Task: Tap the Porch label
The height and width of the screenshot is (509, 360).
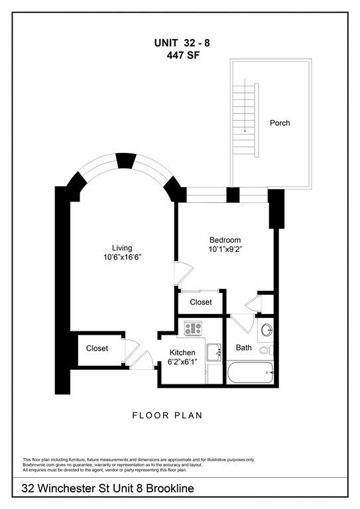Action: tap(279, 123)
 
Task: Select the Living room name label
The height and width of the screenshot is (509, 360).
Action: tap(123, 248)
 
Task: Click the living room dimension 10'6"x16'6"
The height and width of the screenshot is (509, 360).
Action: tap(123, 257)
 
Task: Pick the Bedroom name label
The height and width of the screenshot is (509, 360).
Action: tap(225, 240)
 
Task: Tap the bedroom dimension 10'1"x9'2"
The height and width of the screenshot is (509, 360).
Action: tap(225, 250)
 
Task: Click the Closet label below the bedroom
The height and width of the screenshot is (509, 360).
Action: tap(201, 302)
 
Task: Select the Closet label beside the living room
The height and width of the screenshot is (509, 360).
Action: tap(97, 348)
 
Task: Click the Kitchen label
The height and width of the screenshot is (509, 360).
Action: tap(182, 352)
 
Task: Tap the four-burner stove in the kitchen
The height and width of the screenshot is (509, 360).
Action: tap(193, 327)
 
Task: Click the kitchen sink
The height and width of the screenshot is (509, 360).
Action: tap(213, 352)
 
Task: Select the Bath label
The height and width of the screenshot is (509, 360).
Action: tap(243, 347)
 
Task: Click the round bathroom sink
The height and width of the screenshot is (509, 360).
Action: tap(267, 329)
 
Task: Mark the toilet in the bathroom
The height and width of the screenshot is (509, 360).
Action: tap(266, 350)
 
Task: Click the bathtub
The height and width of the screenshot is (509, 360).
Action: tap(251, 373)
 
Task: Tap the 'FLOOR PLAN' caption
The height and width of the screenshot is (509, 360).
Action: tap(166, 416)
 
